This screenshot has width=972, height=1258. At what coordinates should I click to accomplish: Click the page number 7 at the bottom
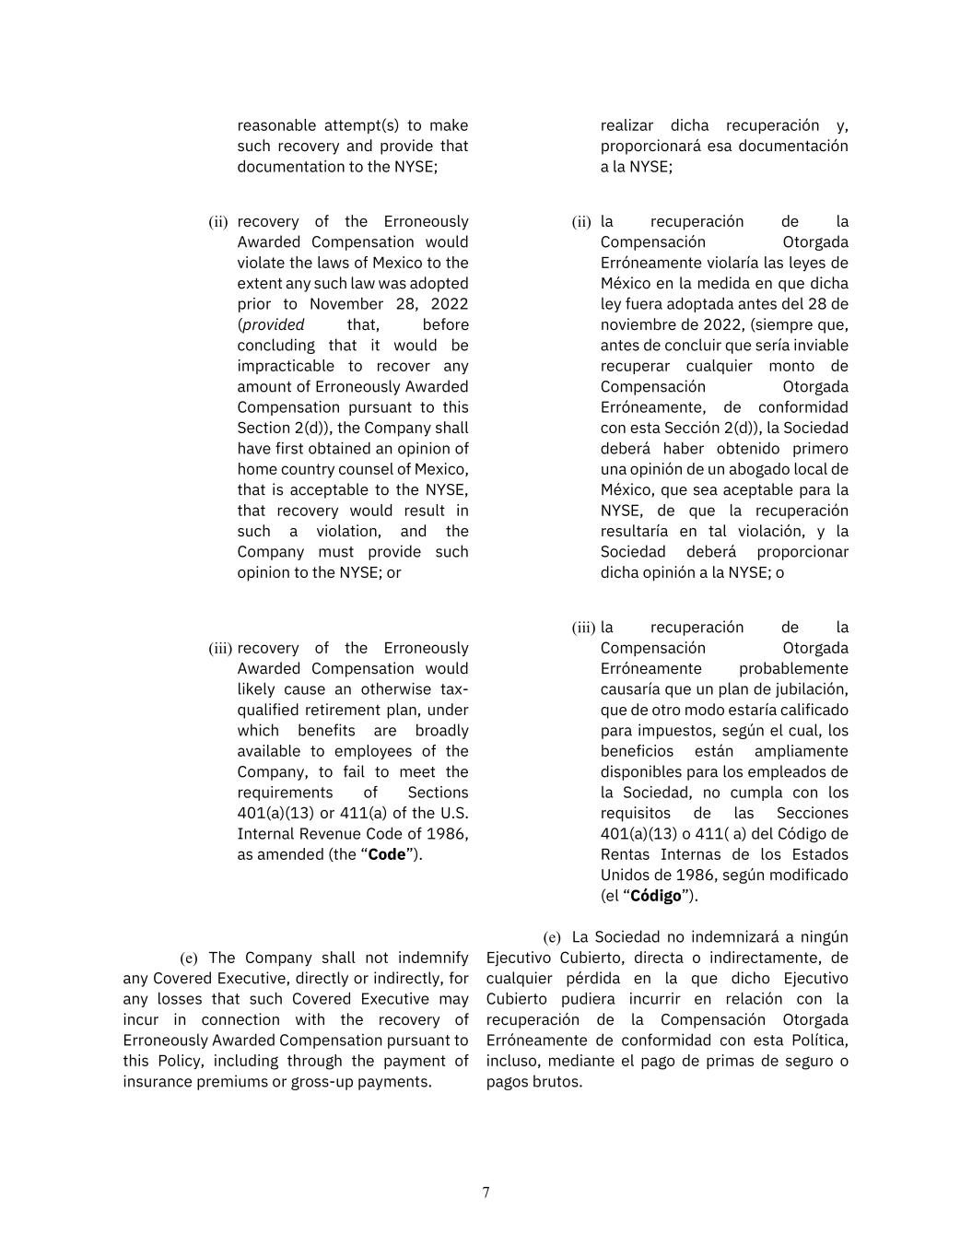(486, 1193)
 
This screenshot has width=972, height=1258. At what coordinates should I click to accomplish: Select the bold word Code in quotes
(387, 854)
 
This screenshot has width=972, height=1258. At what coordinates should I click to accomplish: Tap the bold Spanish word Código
(655, 896)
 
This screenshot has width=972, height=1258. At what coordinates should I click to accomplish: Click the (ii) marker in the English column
(218, 222)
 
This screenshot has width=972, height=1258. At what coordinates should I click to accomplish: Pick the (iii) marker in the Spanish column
(583, 628)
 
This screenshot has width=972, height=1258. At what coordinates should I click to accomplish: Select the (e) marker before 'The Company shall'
(189, 958)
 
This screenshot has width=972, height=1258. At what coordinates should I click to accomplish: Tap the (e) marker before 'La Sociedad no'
(552, 937)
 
